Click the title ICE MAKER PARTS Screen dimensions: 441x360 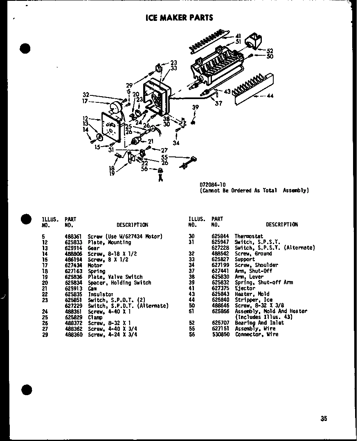click(179, 18)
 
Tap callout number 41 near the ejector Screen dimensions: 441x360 click(238, 36)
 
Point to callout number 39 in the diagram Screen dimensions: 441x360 click(196, 107)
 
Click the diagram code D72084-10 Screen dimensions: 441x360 click(213, 184)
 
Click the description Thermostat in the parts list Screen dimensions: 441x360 click(249, 236)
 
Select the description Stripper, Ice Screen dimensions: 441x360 click(253, 300)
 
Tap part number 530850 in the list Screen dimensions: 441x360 click(220, 334)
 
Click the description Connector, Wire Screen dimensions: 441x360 click(256, 334)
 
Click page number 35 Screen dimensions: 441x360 click(324, 418)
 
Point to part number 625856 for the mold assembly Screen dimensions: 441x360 click(220, 311)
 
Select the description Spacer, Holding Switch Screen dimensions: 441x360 click(119, 283)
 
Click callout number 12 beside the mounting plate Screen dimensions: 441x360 click(85, 118)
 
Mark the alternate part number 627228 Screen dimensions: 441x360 click(220, 248)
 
